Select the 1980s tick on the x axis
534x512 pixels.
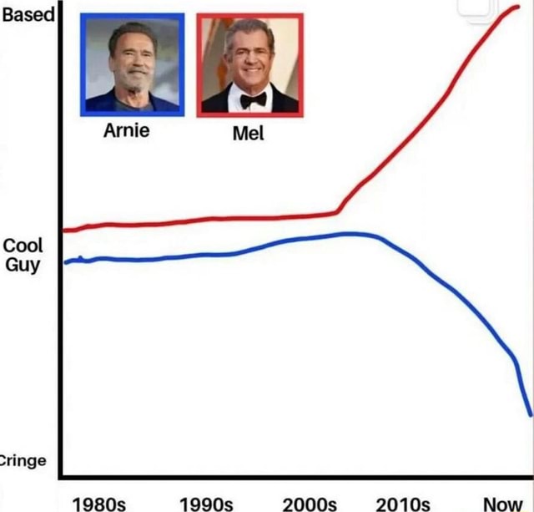[99, 503]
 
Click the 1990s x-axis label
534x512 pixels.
[206, 503]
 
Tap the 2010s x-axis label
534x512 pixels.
[403, 503]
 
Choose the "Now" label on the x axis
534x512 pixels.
[501, 503]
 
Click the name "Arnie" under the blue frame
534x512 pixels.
[127, 131]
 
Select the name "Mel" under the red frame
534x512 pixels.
[248, 133]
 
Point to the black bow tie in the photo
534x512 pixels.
[252, 99]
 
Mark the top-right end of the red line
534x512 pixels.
[517, 8]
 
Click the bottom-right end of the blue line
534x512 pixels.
[529, 413]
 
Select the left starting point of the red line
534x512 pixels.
[65, 230]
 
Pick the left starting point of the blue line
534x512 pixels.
[65, 262]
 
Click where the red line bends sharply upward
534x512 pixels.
[338, 212]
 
